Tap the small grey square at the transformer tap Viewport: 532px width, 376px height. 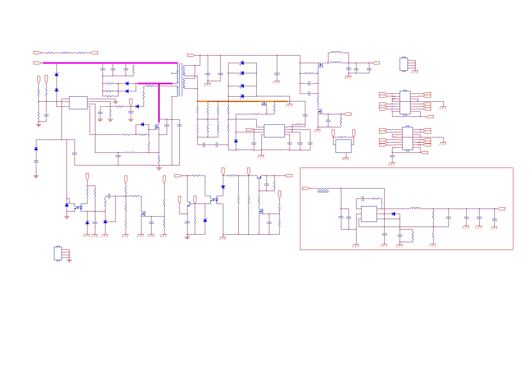coord(172,73)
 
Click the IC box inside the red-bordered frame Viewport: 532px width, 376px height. coord(369,214)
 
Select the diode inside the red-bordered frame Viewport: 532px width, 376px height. coord(393,214)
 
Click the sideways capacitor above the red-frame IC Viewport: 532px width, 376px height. coord(363,199)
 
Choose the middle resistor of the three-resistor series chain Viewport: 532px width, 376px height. coord(65,53)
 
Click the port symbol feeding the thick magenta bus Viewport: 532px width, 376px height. coord(38,63)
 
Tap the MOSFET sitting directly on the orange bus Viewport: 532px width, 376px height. coord(264,103)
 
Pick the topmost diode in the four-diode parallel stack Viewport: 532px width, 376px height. coord(242,63)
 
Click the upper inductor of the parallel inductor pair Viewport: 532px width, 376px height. coord(335,52)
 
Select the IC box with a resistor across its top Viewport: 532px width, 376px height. coord(343,146)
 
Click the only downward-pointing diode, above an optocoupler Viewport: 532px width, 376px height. coord(223,187)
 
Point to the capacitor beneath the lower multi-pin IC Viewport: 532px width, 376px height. coord(392,156)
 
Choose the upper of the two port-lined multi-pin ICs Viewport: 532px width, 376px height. coord(405,103)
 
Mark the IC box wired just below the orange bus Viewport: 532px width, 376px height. coord(274,131)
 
